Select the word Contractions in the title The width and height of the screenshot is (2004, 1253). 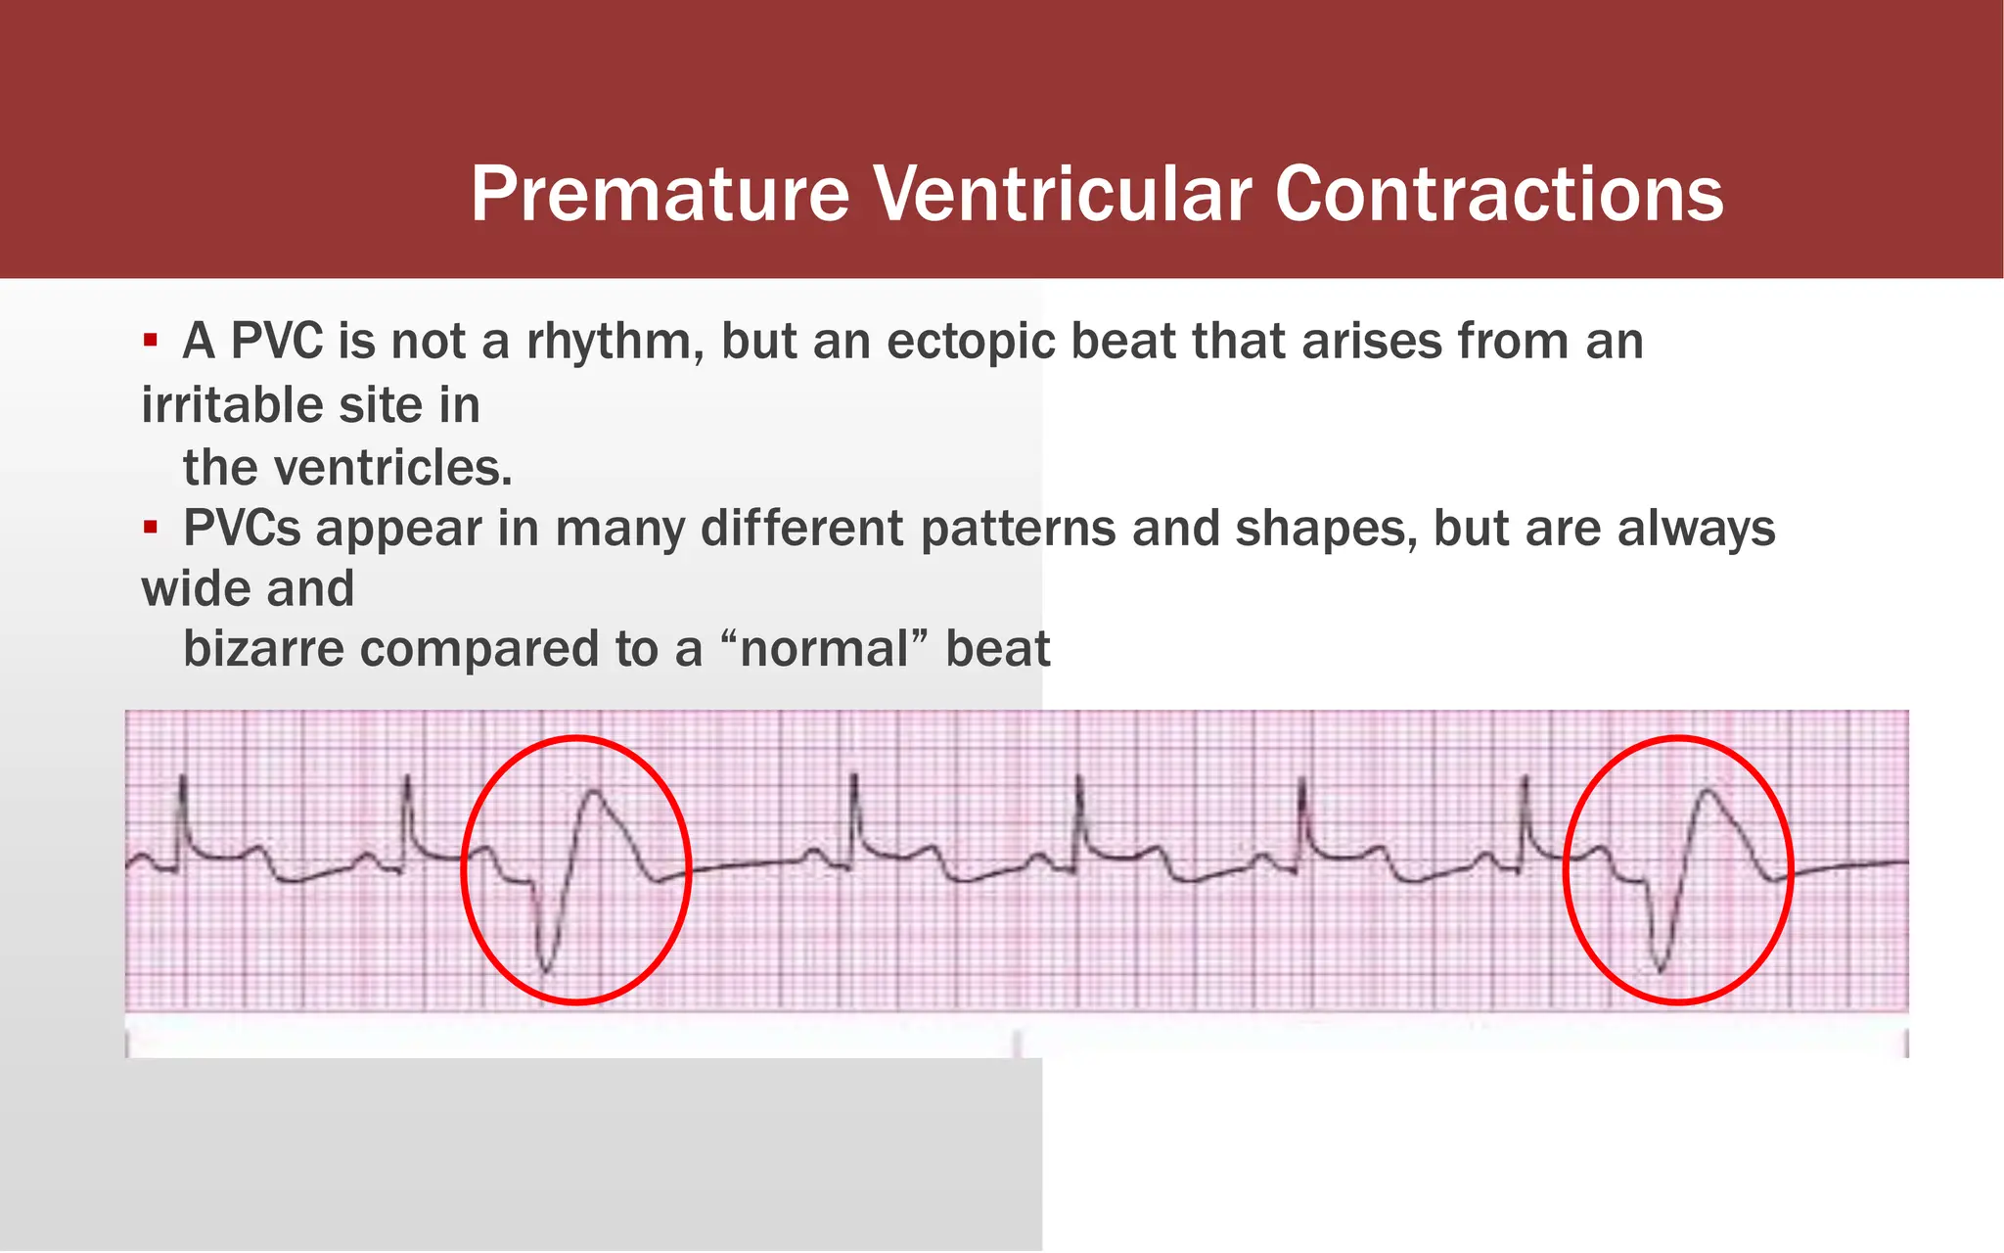pos(1498,194)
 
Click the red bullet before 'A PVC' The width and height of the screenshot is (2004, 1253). pos(150,341)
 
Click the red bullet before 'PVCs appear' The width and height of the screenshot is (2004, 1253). pos(150,529)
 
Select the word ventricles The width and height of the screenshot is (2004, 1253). pos(392,468)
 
